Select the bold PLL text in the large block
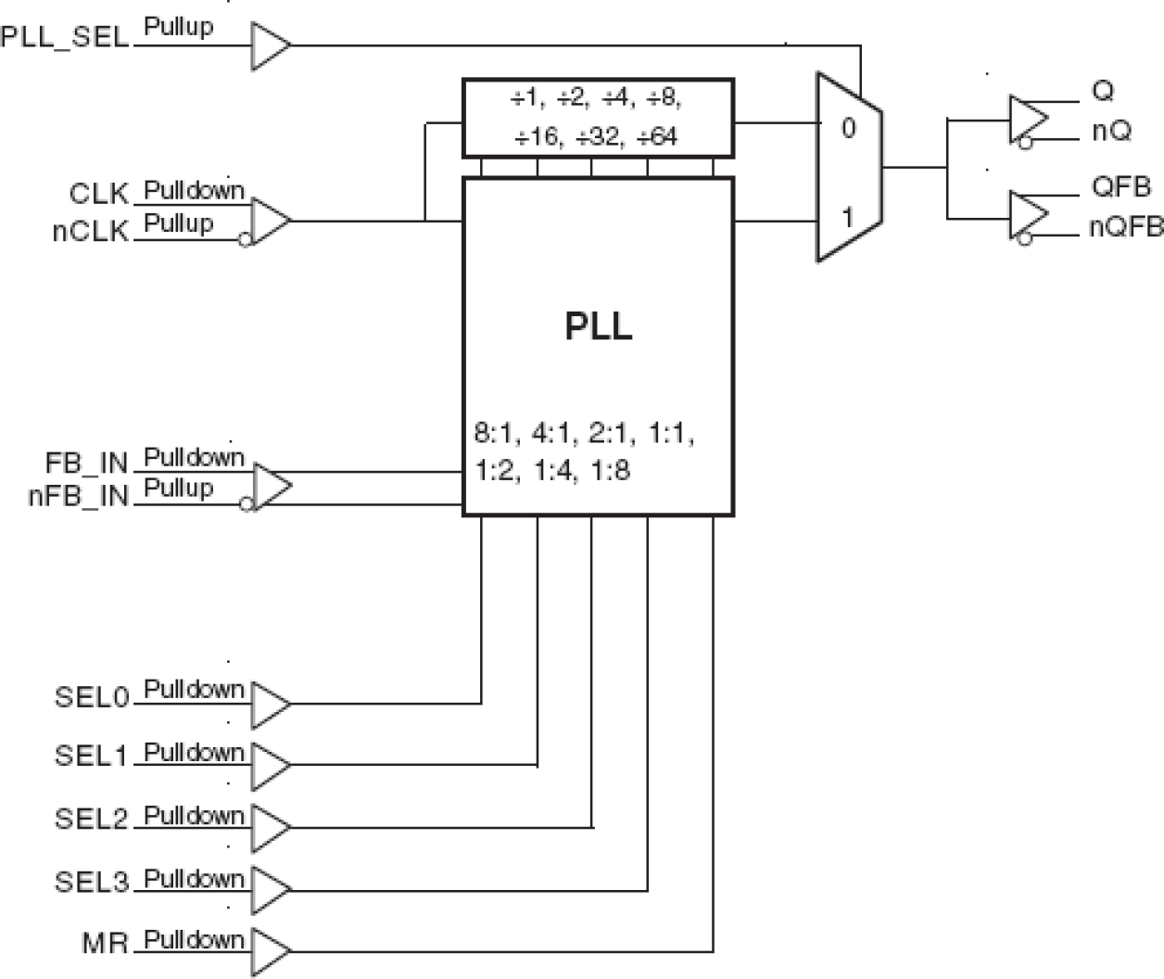(599, 326)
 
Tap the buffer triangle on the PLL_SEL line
(270, 45)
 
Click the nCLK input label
(90, 232)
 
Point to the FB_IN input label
(86, 463)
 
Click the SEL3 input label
(91, 882)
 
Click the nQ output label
(1111, 132)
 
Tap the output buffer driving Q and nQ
(1028, 118)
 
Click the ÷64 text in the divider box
(657, 137)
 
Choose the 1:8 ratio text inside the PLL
(609, 471)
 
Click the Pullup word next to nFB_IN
(178, 489)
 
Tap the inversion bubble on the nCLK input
(245, 240)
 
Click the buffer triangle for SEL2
(270, 826)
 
